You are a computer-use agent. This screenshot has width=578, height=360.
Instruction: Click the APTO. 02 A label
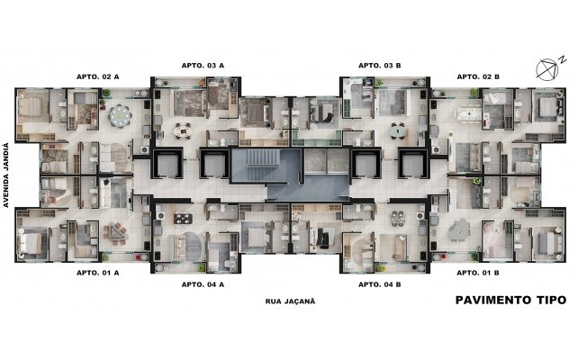(x=98, y=76)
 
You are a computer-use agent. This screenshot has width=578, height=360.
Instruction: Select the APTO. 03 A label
(x=203, y=66)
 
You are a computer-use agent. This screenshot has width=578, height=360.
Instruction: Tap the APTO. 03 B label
(x=380, y=66)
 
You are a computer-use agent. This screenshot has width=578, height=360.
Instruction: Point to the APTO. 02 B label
(x=478, y=76)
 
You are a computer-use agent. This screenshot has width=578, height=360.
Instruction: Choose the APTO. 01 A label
(x=98, y=273)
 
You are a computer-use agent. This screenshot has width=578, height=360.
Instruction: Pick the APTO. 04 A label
(x=203, y=284)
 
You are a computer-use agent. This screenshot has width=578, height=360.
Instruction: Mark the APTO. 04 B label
(x=380, y=284)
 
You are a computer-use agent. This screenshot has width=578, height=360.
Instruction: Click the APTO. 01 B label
(x=478, y=273)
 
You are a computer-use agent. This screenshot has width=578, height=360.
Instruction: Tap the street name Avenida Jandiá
(x=5, y=175)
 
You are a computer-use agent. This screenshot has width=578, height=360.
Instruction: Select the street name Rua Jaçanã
(x=291, y=301)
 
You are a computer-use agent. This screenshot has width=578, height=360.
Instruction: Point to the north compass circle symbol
(x=547, y=69)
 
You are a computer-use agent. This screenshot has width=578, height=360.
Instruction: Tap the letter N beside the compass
(x=563, y=59)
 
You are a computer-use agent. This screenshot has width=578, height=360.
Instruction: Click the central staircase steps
(x=262, y=157)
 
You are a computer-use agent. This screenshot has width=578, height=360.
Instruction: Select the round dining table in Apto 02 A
(x=121, y=116)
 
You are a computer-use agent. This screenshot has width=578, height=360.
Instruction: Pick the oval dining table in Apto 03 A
(x=183, y=130)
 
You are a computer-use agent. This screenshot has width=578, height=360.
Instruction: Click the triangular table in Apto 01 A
(x=115, y=234)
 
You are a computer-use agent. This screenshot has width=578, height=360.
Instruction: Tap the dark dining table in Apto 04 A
(x=183, y=219)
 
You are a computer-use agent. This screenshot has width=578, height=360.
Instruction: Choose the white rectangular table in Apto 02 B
(x=469, y=114)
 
